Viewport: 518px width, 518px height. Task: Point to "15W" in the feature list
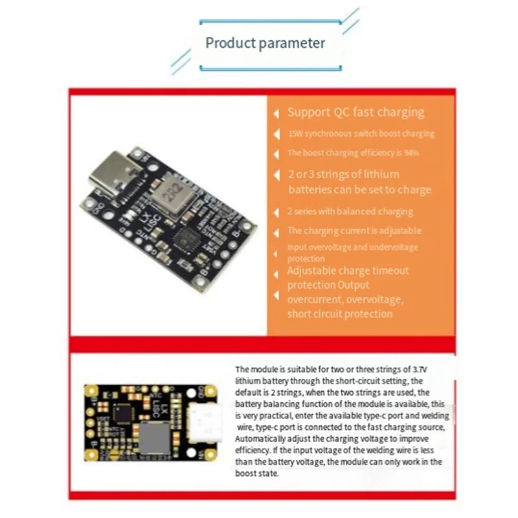pos(295,134)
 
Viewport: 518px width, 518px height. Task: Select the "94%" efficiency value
pos(409,153)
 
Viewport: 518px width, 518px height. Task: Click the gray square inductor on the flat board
pos(155,437)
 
